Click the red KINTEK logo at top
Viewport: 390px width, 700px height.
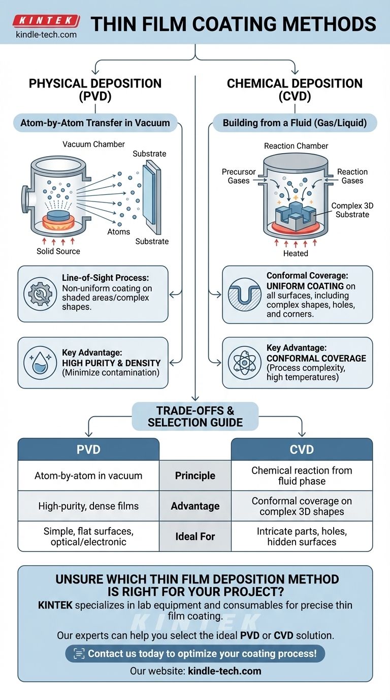46,21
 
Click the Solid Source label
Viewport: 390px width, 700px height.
58,251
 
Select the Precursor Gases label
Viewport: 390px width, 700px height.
239,176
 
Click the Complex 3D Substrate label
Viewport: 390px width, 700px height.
350,210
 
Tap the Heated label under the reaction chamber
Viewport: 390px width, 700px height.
296,253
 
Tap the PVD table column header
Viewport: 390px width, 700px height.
88,449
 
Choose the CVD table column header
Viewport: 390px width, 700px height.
302,449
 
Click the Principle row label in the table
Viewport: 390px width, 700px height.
195,476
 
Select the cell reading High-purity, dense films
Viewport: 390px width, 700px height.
88,506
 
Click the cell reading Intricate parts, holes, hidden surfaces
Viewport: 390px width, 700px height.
302,536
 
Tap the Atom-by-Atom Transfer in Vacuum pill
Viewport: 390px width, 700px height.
95,123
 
